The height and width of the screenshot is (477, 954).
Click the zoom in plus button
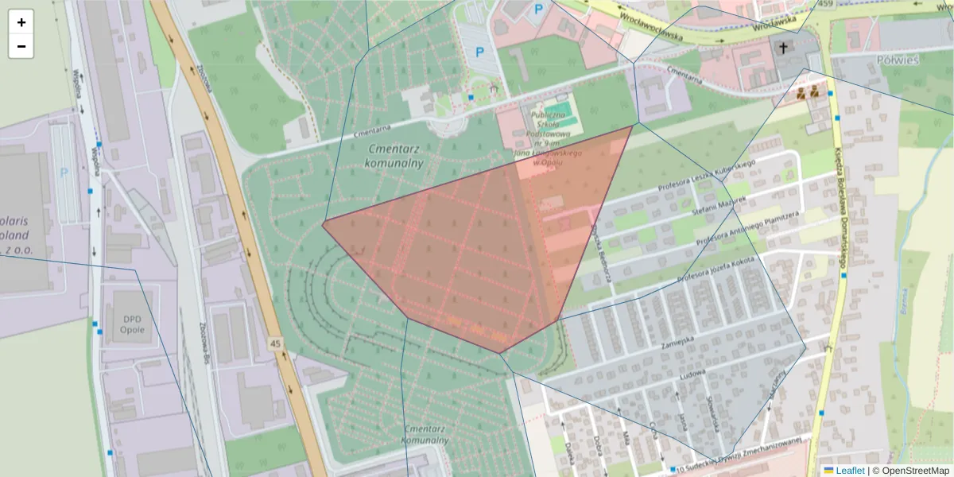tap(21, 22)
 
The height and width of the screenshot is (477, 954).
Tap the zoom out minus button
tap(21, 46)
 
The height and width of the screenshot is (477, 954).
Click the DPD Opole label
tap(132, 323)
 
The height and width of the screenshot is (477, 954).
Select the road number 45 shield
tap(275, 343)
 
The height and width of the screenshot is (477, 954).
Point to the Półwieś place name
tap(896, 60)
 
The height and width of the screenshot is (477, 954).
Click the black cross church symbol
tap(783, 48)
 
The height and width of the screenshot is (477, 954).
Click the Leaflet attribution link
tap(849, 471)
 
